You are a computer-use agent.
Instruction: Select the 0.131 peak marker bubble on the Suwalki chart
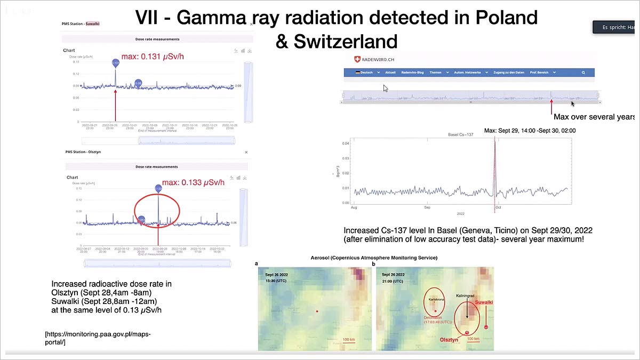point(116,63)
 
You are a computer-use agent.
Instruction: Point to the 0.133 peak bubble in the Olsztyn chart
point(158,189)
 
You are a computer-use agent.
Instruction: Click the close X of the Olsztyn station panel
point(246,152)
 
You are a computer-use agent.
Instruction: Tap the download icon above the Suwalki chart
point(250,51)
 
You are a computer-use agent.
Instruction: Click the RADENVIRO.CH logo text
point(379,60)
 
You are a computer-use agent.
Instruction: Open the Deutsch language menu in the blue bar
point(367,73)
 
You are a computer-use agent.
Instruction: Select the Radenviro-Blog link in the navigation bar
point(412,73)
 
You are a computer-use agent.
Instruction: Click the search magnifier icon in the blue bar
point(583,73)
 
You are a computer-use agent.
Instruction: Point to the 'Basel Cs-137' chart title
point(460,135)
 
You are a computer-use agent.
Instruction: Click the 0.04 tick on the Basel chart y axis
point(346,143)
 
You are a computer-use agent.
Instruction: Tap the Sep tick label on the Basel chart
point(427,207)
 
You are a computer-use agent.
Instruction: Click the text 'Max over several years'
point(594,117)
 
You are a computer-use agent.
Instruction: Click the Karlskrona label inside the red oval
point(435,300)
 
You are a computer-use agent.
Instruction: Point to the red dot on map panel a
point(317,311)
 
